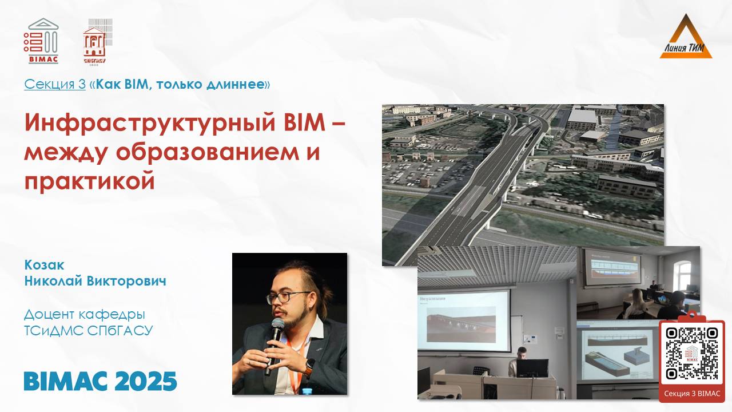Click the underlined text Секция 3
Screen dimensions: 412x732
pos(55,85)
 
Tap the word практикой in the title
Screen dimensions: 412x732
pos(90,181)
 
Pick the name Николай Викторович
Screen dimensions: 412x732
pos(95,281)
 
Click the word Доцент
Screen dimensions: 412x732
pos(53,314)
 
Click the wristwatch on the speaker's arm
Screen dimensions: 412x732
pos(309,367)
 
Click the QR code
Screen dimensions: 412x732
pos(692,354)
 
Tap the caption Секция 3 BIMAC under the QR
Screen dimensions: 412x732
pos(692,393)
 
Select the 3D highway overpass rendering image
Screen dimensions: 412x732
pos(523,172)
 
